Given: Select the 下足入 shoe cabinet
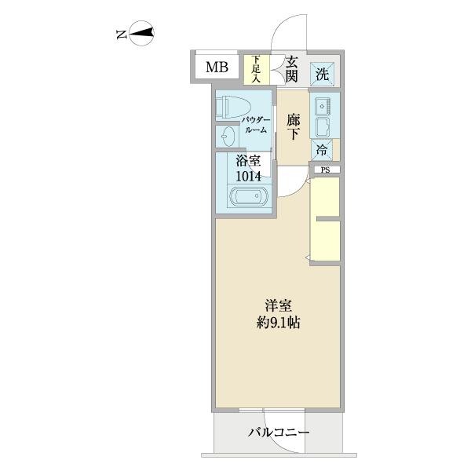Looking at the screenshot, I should [x=255, y=68].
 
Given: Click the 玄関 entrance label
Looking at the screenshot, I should [x=291, y=68].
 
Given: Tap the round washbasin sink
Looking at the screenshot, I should [x=227, y=137].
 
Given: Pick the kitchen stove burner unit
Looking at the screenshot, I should [x=322, y=104].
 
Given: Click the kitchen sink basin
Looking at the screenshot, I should [x=323, y=126].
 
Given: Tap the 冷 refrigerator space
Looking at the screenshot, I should [x=322, y=149].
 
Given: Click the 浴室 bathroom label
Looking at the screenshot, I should [x=248, y=162].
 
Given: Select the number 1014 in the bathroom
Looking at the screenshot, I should [x=248, y=177].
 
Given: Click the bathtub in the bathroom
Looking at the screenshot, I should [x=248, y=197].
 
